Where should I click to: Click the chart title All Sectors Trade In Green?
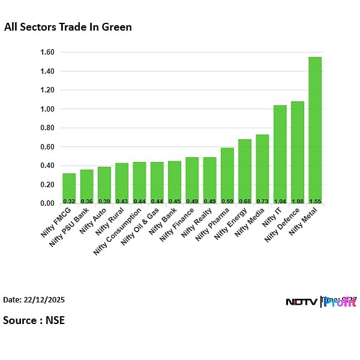coord(68,27)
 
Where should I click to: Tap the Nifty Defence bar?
coord(298,152)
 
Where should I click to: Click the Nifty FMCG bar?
coord(69,188)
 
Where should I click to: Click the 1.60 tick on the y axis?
coord(46,52)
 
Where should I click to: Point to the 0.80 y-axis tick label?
coord(46,128)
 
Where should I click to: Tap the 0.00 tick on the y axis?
coord(46,203)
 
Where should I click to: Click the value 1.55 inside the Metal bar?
coord(315,200)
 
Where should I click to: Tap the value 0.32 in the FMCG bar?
coord(69,200)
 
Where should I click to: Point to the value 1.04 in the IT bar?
coord(280,200)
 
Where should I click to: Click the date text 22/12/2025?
coord(44,299)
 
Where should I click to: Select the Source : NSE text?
coord(34,320)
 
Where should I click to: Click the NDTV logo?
coord(301,302)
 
